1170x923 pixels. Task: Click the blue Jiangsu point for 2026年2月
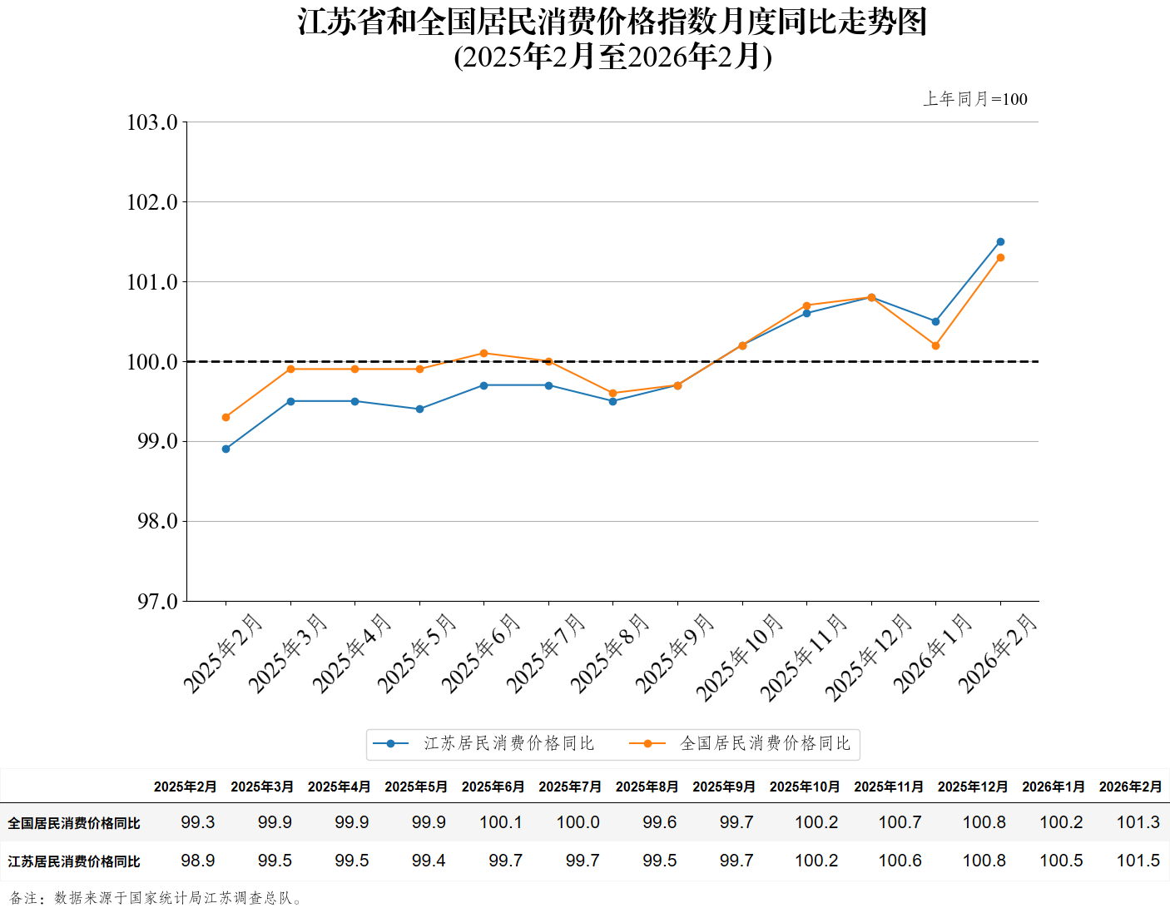1000,242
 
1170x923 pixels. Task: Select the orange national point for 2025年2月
226,417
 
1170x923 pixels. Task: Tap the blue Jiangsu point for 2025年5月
419,409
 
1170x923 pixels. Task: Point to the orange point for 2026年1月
935,345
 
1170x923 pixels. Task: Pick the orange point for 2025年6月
483,353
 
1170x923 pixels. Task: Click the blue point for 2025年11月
806,313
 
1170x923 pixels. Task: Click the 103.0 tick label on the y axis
152,123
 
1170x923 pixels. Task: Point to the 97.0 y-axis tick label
157,602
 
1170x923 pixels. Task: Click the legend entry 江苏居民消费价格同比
508,743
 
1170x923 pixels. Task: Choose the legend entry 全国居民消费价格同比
765,743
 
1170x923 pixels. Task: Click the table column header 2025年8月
647,787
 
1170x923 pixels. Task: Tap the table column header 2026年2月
1130,787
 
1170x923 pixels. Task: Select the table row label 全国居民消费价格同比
74,823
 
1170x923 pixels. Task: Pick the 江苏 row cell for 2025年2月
198,861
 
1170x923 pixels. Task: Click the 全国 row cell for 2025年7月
578,822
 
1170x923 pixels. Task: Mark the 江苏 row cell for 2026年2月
1138,861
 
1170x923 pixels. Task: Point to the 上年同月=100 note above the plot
974,99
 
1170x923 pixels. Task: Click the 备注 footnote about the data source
157,898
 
